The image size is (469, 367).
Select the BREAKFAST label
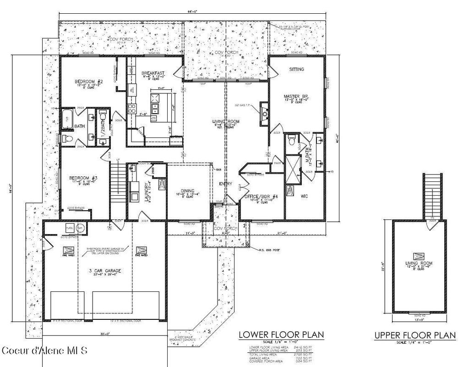point(153,73)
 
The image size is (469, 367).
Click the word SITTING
point(296,69)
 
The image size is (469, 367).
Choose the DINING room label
point(187,191)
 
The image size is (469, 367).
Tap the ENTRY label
point(225,184)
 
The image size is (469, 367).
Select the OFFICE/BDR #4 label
point(261,197)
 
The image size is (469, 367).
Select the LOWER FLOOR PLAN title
point(281,335)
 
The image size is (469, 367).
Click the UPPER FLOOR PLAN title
point(415,336)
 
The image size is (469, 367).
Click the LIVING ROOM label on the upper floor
point(417,263)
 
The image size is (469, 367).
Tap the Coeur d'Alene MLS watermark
point(44,351)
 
